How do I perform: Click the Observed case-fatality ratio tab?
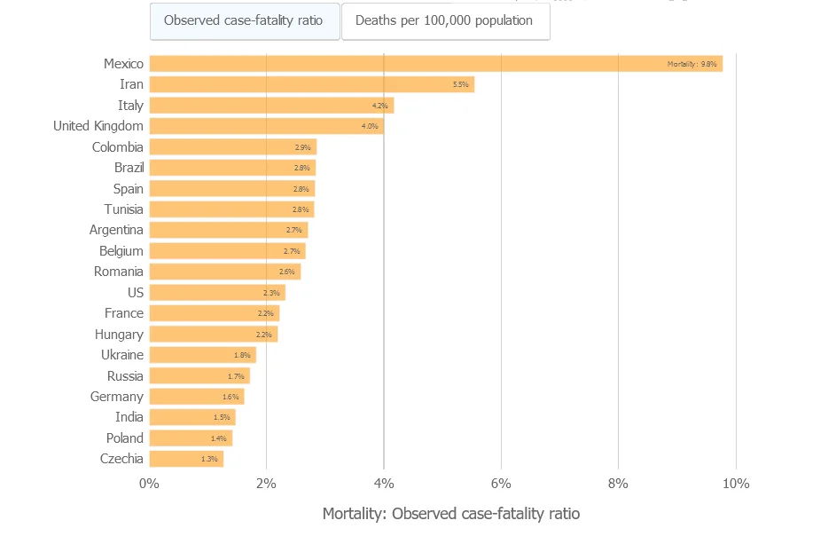click(x=244, y=20)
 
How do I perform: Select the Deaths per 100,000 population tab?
click(x=444, y=20)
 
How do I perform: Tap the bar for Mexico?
click(x=435, y=64)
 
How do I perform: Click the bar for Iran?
click(x=311, y=84)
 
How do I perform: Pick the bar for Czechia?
click(x=186, y=459)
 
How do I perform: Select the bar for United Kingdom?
click(x=266, y=126)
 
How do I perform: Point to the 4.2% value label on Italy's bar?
click(x=379, y=106)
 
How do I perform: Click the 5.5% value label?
click(x=460, y=84)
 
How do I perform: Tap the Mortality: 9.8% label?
click(x=691, y=64)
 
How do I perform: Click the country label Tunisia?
click(x=123, y=209)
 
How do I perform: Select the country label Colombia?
click(x=117, y=147)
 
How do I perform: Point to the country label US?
click(x=135, y=293)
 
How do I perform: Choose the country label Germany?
click(x=116, y=397)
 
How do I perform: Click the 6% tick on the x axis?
click(x=501, y=484)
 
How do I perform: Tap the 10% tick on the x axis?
click(x=736, y=484)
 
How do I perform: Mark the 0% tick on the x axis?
click(x=149, y=484)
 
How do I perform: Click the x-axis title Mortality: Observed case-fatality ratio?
click(x=450, y=514)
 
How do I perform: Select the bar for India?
click(x=191, y=417)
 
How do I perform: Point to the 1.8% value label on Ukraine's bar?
click(x=242, y=355)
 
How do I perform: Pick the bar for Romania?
click(x=224, y=272)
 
